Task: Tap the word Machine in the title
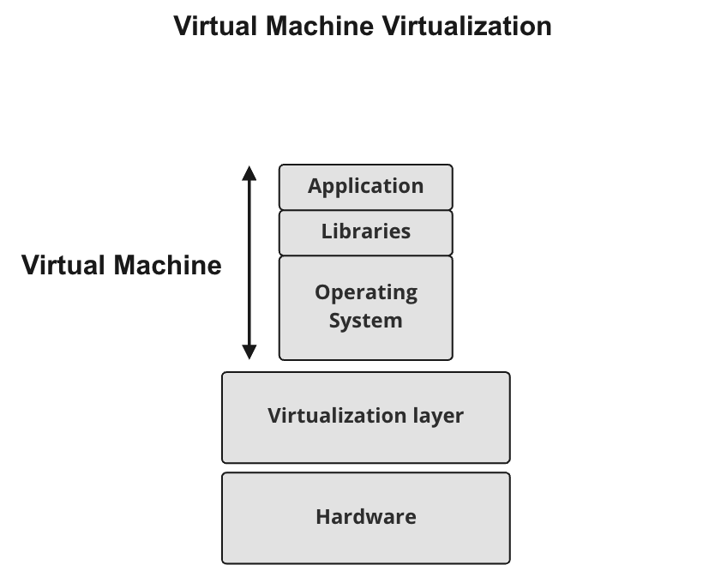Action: click(320, 26)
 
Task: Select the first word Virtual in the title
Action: click(215, 26)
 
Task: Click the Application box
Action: click(365, 187)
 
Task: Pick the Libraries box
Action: click(365, 232)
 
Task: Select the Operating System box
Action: click(365, 307)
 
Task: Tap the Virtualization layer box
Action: click(365, 418)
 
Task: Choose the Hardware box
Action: click(365, 518)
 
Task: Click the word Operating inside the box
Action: click(365, 292)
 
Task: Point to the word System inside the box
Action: click(365, 321)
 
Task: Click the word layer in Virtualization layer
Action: click(436, 416)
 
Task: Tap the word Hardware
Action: click(365, 517)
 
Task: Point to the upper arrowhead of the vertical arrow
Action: click(249, 172)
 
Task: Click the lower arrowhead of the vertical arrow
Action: click(249, 352)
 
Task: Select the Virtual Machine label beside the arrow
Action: click(121, 265)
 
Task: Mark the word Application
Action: click(365, 186)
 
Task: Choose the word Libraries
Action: click(365, 231)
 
